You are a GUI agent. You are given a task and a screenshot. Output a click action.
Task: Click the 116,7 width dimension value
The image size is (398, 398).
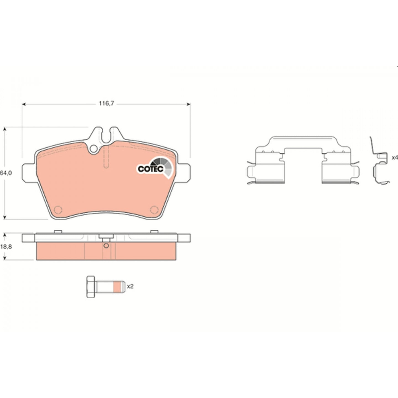pos(106,103)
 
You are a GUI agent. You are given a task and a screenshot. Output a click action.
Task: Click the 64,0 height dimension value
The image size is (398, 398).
pos(6,173)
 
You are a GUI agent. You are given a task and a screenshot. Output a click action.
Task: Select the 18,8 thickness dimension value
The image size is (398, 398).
pos(6,247)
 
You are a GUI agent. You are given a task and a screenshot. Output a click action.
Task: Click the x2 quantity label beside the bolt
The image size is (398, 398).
pos(130,286)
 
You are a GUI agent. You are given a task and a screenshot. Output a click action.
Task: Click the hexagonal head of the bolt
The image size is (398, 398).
pos(91,287)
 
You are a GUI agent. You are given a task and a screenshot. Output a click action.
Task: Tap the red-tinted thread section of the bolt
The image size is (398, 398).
pos(117,287)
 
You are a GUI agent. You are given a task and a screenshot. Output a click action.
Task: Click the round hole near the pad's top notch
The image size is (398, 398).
pos(94,149)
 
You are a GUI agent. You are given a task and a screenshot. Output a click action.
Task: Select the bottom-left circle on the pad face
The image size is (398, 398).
pos(58,210)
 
